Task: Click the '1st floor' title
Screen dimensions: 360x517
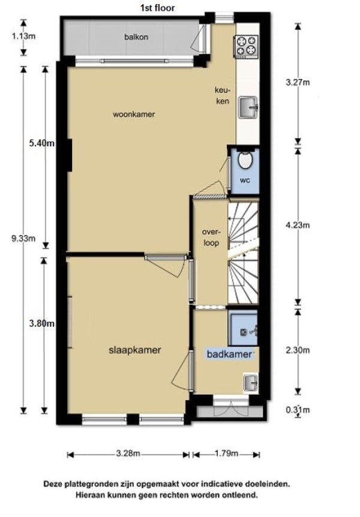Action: [157, 8]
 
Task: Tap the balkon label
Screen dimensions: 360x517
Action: [136, 37]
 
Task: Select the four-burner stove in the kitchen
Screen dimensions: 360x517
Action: [246, 45]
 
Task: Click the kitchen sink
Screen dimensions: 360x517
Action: [248, 107]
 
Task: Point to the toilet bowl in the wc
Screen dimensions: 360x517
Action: [245, 160]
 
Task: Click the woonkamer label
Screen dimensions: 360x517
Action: [134, 115]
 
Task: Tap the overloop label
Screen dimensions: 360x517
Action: [211, 238]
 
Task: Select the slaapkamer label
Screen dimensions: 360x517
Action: [134, 350]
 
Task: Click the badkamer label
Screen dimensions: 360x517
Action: [229, 354]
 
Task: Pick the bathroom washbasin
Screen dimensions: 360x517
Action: [251, 383]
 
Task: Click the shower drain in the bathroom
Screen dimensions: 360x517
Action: [244, 332]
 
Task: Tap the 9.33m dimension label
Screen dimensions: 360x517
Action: [23, 238]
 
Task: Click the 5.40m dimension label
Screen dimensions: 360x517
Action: [41, 143]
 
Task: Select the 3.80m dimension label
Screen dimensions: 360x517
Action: [41, 323]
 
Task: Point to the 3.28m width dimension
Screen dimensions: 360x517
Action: [128, 453]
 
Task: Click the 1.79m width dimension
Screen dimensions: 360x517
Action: [226, 453]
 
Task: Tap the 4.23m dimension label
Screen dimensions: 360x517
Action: [298, 225]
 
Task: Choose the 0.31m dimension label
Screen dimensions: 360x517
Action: [298, 410]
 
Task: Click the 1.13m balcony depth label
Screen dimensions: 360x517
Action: [23, 36]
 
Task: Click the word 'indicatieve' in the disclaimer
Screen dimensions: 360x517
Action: [222, 484]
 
